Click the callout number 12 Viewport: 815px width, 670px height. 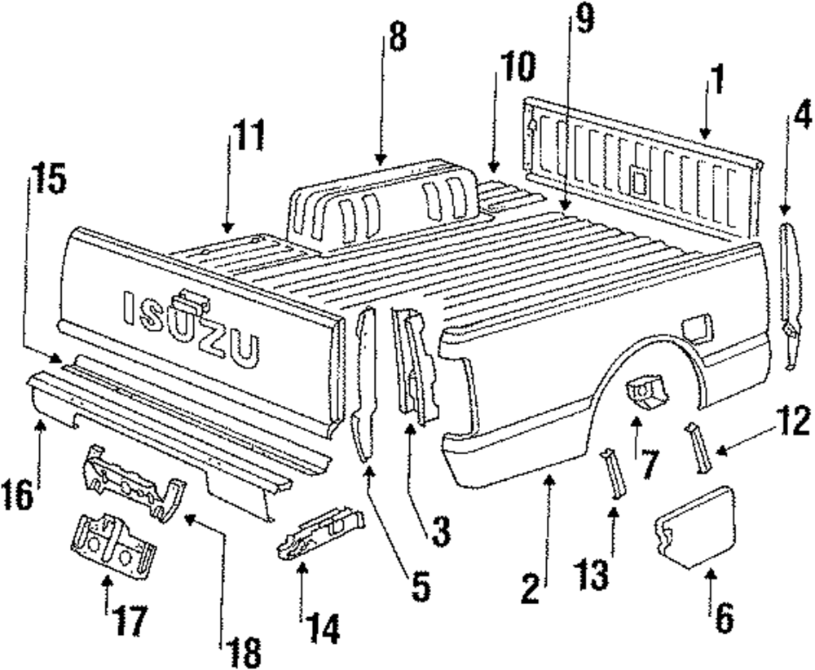pyautogui.click(x=792, y=423)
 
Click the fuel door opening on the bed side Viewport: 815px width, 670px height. pyautogui.click(x=698, y=328)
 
